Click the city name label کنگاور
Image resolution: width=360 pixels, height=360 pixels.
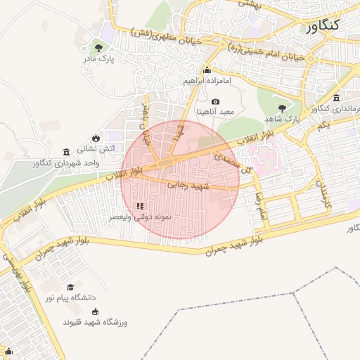tap(333, 25)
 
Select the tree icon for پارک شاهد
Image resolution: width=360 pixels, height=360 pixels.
tap(282, 108)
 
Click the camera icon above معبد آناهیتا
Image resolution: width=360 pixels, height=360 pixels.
tap(215, 102)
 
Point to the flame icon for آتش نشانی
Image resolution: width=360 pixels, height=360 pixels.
tap(96, 138)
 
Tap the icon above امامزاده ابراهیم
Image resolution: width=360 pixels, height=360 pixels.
tap(207, 70)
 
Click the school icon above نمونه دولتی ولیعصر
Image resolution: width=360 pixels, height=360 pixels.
tap(140, 206)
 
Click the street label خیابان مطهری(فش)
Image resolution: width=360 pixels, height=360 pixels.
tap(167, 36)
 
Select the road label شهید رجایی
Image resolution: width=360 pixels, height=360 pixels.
tap(185, 184)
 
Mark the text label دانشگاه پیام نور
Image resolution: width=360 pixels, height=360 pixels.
tap(72, 298)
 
